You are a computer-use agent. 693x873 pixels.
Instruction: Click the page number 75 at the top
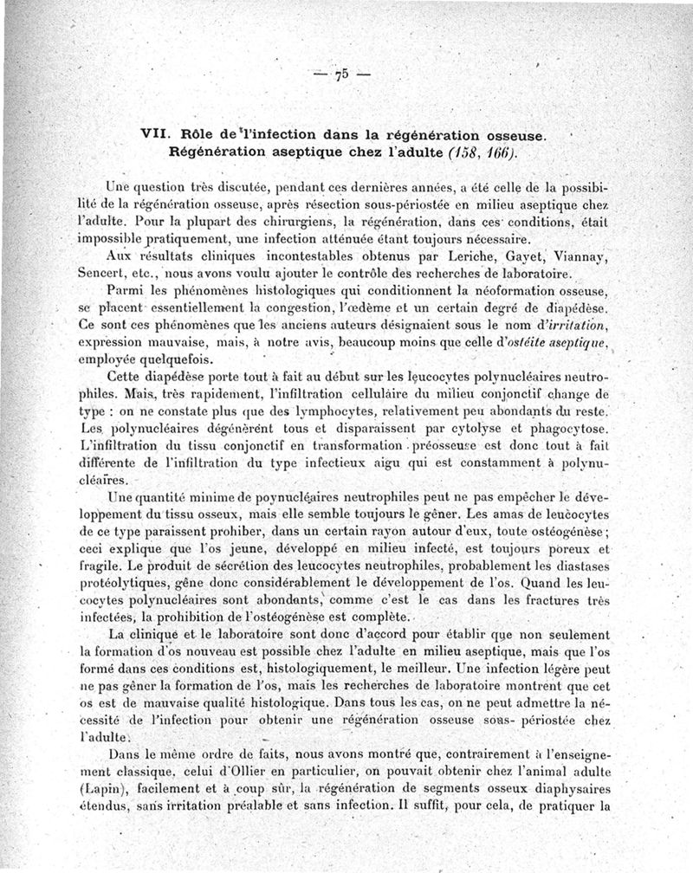coord(341,74)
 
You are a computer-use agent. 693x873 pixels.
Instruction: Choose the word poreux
coord(558,549)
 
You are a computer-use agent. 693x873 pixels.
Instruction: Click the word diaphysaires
coord(567,789)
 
